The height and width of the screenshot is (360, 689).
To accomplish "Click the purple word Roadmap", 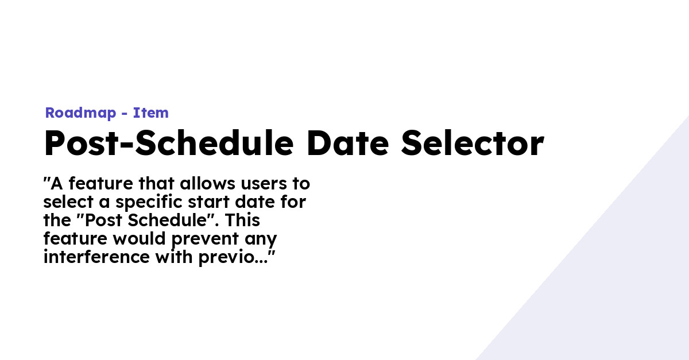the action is point(80,113).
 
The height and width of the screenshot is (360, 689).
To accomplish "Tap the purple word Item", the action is point(150,113).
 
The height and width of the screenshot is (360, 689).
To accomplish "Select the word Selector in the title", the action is point(473,143).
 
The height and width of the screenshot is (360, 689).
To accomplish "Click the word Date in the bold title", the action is point(348,143).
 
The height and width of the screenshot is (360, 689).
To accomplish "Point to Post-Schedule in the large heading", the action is point(169,143).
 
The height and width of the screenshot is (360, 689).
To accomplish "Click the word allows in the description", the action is point(208,183).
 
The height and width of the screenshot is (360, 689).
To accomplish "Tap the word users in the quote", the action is point(264,184).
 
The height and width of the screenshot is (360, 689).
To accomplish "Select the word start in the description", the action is point(208,203).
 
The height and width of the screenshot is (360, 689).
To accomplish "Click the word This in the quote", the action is point(242,220).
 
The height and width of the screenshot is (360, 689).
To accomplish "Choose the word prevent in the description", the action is point(205,239).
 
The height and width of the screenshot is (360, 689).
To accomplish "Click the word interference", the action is point(96,257).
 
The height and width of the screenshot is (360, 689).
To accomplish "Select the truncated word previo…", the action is point(233,258).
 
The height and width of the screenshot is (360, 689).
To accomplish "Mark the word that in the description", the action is point(157,183).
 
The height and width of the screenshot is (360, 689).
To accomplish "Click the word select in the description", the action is point(68,202).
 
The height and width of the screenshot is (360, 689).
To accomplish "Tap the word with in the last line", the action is point(174,257).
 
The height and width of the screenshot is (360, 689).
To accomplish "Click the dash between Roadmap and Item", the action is point(125,114).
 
